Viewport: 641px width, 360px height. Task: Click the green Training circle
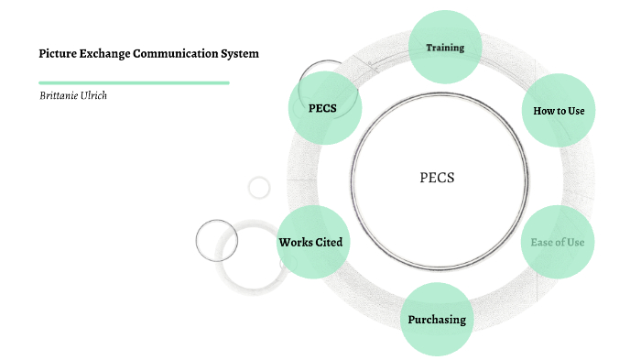pyautogui.click(x=445, y=47)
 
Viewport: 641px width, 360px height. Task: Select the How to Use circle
pyautogui.click(x=558, y=110)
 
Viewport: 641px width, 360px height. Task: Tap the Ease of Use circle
pyautogui.click(x=557, y=242)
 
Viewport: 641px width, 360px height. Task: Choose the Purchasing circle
pyautogui.click(x=437, y=320)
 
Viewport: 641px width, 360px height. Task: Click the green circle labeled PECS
pyautogui.click(x=323, y=107)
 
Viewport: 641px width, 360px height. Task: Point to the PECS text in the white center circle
pyautogui.click(x=437, y=178)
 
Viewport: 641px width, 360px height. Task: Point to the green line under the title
pyautogui.click(x=134, y=82)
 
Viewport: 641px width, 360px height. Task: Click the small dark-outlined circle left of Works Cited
pyautogui.click(x=217, y=241)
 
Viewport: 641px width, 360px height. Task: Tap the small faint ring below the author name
pyautogui.click(x=259, y=188)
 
